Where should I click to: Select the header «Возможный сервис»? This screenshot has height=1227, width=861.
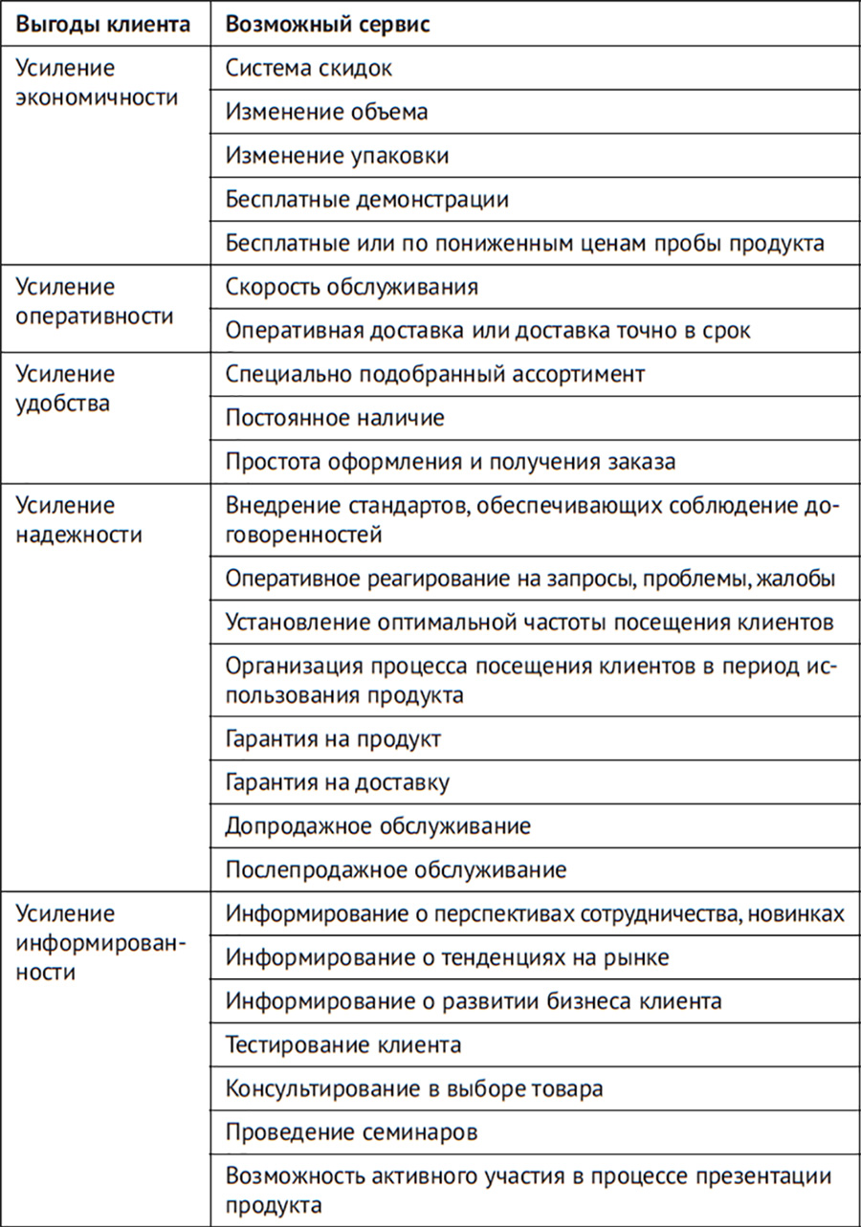point(327,24)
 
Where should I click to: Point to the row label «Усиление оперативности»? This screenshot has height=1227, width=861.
point(96,301)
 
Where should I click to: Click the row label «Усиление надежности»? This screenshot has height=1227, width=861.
point(80,519)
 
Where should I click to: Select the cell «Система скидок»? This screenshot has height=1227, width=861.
point(309,69)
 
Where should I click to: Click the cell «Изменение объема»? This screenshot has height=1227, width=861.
point(326,112)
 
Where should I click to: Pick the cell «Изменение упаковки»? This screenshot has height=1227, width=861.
point(337,156)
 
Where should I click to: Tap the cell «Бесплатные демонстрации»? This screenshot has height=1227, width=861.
point(367,200)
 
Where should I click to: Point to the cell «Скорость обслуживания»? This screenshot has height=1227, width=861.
point(352,287)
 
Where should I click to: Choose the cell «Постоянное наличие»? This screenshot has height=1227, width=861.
point(335,418)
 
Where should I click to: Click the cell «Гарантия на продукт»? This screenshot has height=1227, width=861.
point(333,739)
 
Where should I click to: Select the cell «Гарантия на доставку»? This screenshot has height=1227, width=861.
point(338,783)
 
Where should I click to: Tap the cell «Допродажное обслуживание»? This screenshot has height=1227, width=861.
point(378,826)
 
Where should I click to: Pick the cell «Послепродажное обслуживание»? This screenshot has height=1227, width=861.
point(396,869)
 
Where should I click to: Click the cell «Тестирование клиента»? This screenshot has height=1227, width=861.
point(343,1044)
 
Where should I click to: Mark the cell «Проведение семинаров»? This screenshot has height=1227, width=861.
point(352,1132)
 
